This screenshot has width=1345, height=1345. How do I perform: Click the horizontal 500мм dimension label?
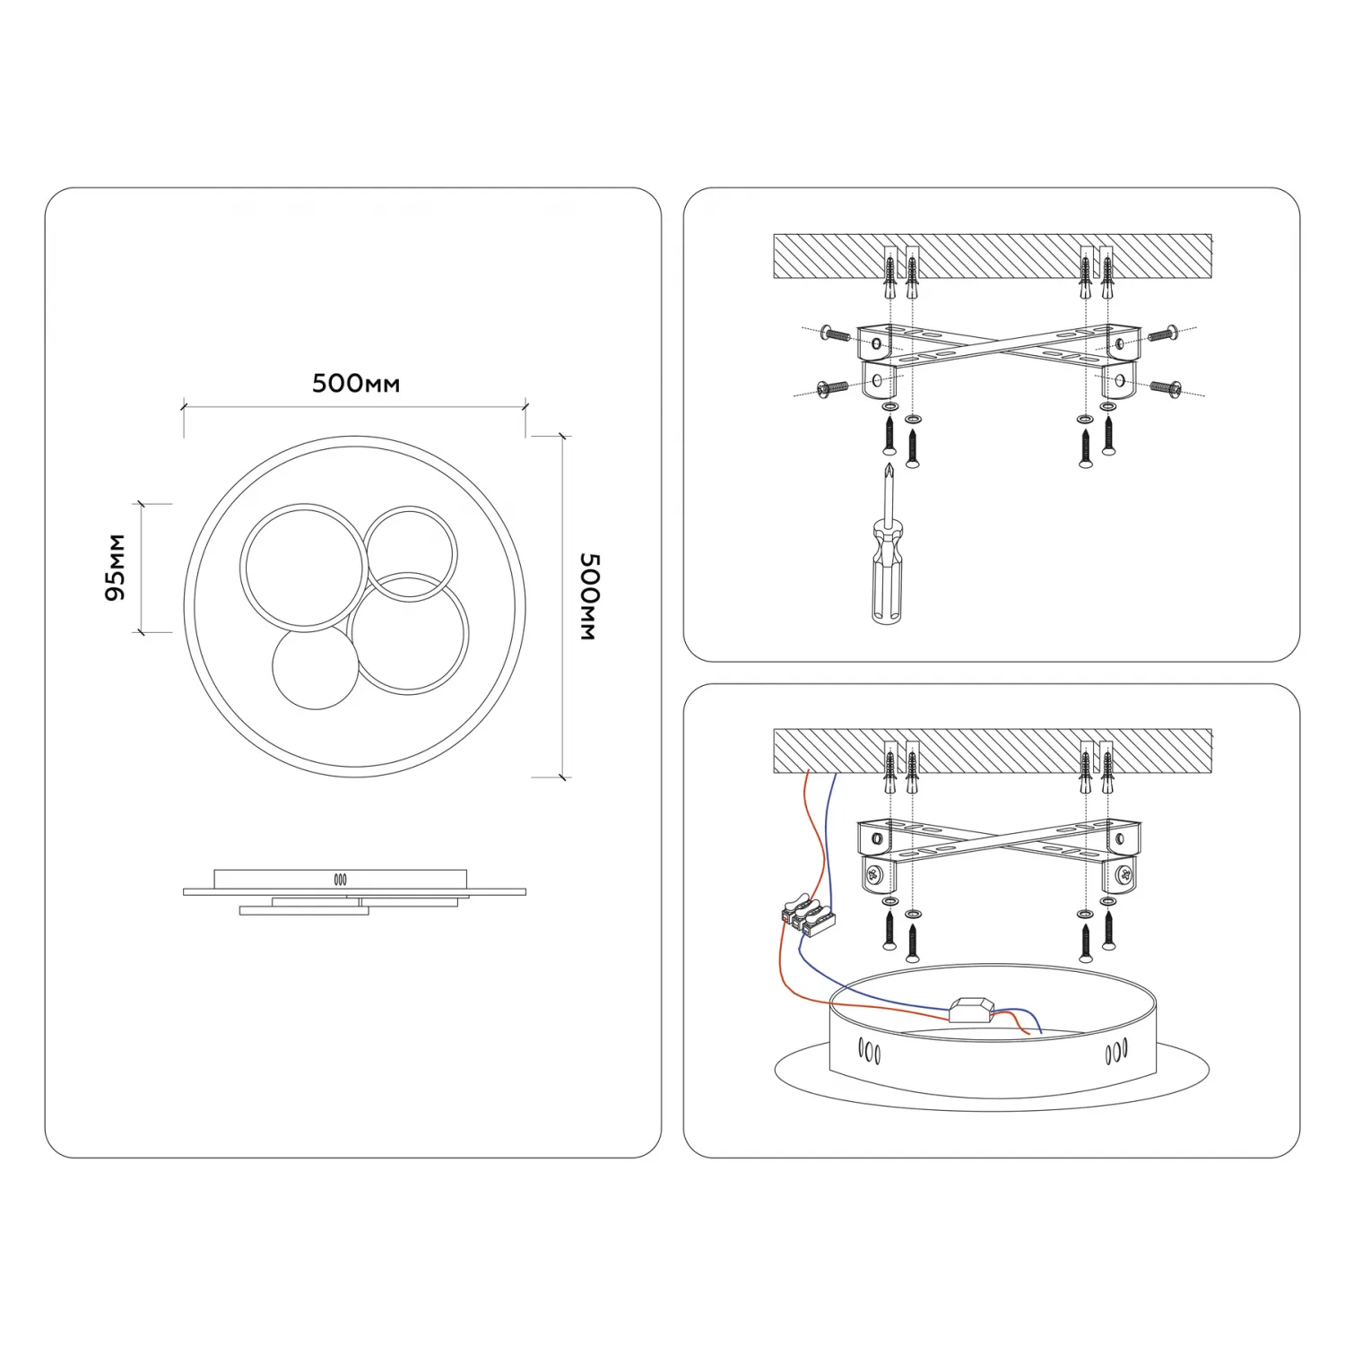coord(356,384)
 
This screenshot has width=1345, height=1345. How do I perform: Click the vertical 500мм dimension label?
coord(589,596)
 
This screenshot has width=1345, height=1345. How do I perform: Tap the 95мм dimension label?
coord(116,568)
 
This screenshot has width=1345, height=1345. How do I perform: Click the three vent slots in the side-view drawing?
coord(341,880)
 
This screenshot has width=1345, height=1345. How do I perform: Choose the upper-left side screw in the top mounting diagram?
coord(835,335)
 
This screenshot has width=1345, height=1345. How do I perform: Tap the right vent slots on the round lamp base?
coord(1116,1050)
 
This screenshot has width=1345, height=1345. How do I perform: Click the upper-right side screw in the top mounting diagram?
coord(1163,334)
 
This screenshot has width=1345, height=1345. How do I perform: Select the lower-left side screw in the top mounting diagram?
coord(832,388)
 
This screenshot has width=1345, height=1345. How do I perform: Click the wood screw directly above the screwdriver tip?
coord(889,435)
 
